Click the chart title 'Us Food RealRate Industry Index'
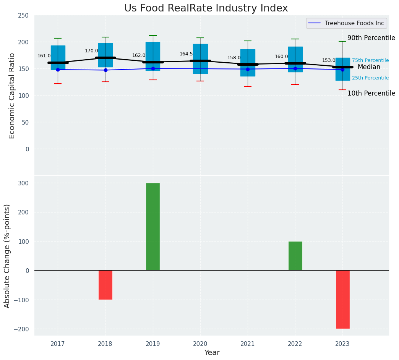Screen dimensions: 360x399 pyautogui.click(x=206, y=8)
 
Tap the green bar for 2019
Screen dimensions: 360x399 pyautogui.click(x=153, y=227)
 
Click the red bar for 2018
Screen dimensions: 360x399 pyautogui.click(x=105, y=285)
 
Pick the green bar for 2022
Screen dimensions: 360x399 pyautogui.click(x=295, y=256)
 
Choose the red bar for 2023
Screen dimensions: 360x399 pyautogui.click(x=342, y=299)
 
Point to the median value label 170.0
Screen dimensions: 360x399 pyautogui.click(x=91, y=51)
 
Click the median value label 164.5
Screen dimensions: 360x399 pyautogui.click(x=186, y=54)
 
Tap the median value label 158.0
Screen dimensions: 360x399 pyautogui.click(x=234, y=58)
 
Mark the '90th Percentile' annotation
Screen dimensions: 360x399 pyautogui.click(x=371, y=38)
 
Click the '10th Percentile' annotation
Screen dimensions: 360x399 pyautogui.click(x=371, y=94)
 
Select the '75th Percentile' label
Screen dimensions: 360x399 pyautogui.click(x=370, y=60)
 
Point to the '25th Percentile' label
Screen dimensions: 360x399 pyautogui.click(x=370, y=78)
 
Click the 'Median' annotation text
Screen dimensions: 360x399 pyautogui.click(x=369, y=67)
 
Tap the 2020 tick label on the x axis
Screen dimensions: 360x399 pyautogui.click(x=200, y=344)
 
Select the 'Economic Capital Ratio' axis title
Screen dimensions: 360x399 pyautogui.click(x=12, y=96)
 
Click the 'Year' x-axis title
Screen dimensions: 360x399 pyautogui.click(x=212, y=353)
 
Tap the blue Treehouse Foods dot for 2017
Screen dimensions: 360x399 pyautogui.click(x=58, y=70)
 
